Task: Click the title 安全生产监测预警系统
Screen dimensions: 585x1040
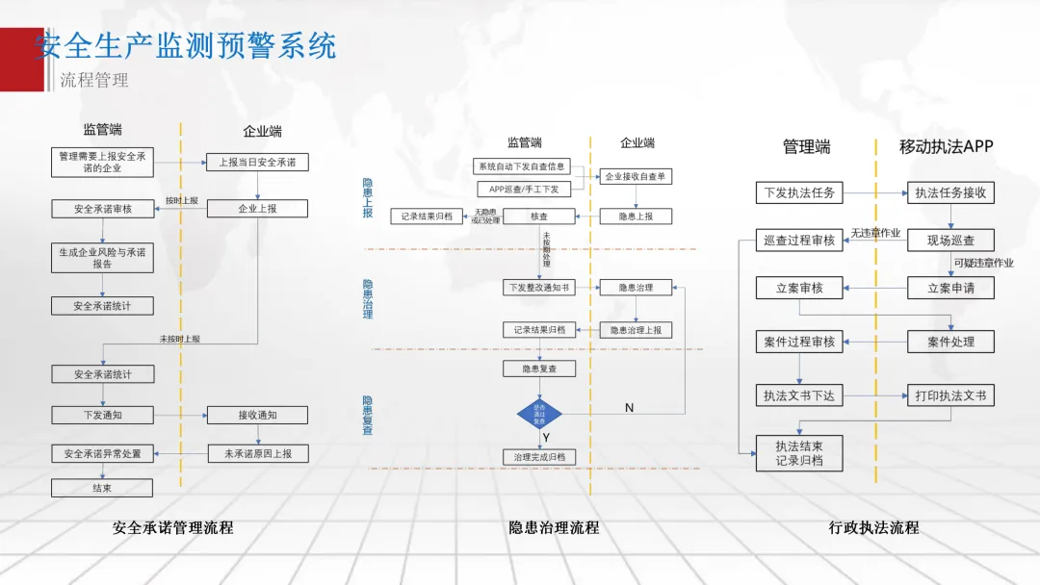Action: [x=185, y=45]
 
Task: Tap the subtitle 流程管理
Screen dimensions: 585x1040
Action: [x=93, y=80]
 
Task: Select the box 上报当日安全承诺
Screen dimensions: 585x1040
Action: [x=257, y=163]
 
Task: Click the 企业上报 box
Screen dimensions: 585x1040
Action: [x=257, y=208]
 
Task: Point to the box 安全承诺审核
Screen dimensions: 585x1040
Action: [x=102, y=208]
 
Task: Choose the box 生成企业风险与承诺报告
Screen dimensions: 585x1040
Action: [x=102, y=257]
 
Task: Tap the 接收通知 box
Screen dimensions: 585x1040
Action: [x=257, y=415]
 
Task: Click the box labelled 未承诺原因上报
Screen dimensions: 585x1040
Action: [x=257, y=453]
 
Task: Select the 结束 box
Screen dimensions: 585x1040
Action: [x=102, y=488]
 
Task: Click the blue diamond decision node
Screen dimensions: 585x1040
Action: [x=539, y=415]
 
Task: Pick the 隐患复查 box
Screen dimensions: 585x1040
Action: [x=539, y=369]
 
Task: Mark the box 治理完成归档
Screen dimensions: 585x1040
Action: [x=539, y=457]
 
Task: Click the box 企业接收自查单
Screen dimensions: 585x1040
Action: [x=636, y=176]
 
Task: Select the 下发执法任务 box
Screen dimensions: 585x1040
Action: [x=798, y=192]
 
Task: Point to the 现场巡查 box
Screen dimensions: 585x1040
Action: [x=950, y=240]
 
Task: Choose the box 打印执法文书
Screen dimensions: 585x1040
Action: [x=950, y=395]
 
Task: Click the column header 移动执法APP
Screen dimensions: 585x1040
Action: [x=946, y=147]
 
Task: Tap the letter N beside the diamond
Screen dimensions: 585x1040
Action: [x=629, y=408]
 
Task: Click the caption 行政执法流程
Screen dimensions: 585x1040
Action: [x=873, y=527]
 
